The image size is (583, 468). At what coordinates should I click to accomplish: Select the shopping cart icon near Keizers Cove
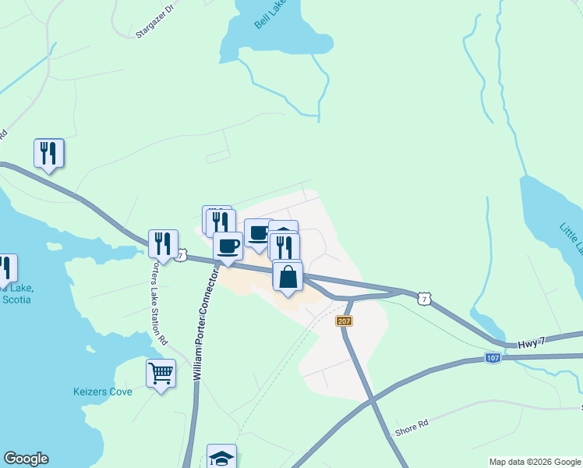pos(161,373)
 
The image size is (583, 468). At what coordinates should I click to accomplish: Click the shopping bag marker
pos(288,277)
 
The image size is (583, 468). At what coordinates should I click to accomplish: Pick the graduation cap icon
pos(221,458)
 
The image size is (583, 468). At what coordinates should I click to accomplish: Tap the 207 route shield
pos(344,321)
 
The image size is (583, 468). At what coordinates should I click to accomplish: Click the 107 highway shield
pos(491,358)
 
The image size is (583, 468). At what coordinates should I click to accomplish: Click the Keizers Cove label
pos(102,392)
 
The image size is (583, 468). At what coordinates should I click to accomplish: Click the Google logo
pos(26,459)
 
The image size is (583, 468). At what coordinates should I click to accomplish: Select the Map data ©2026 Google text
pos(535,462)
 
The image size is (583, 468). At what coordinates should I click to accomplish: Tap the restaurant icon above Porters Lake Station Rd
pos(163,243)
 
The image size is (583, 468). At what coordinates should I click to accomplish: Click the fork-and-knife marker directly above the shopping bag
pos(284,247)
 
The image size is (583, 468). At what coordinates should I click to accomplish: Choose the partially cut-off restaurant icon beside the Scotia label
pos(6,268)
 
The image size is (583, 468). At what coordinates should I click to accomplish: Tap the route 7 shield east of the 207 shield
pos(422,298)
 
